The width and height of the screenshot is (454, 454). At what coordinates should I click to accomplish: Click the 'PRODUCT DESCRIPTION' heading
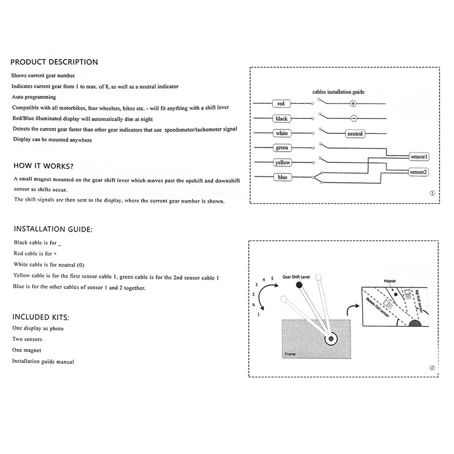click(x=54, y=62)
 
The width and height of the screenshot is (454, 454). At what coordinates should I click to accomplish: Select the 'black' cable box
click(x=281, y=119)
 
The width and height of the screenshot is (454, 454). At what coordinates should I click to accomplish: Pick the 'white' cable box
click(x=281, y=133)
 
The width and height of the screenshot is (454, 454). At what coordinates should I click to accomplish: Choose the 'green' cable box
click(x=281, y=148)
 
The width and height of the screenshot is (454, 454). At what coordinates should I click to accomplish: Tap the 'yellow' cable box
click(x=281, y=163)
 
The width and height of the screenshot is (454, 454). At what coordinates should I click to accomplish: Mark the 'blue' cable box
click(x=281, y=178)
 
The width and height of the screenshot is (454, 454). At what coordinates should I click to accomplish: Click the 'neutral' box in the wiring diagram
click(x=355, y=134)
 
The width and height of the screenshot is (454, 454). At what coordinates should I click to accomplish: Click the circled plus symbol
click(x=353, y=104)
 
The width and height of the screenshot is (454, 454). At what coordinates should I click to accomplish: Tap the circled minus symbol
click(x=353, y=119)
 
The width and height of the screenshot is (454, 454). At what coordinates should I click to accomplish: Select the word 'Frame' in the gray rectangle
click(x=291, y=354)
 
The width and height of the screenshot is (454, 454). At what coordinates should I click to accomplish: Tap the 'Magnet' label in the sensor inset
click(x=389, y=280)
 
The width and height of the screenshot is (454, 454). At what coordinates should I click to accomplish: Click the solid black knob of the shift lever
click(x=297, y=285)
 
